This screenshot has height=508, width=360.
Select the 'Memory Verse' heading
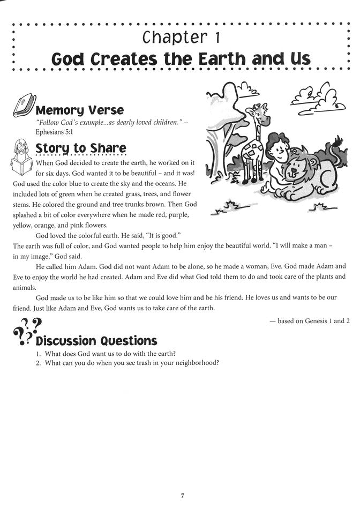[x=79, y=110]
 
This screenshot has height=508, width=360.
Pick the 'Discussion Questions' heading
[x=96, y=341]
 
